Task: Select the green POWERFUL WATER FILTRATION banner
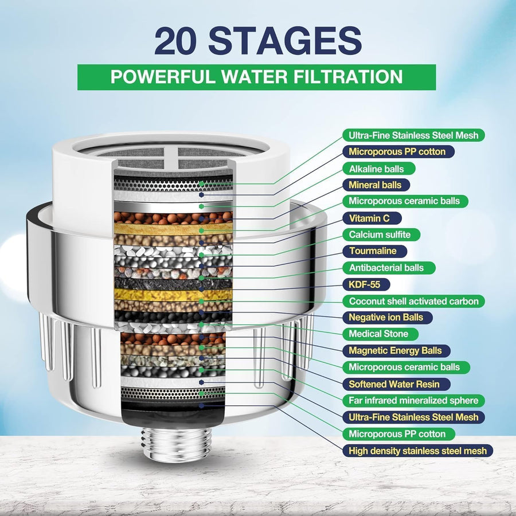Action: pyautogui.click(x=256, y=77)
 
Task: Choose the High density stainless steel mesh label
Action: pyautogui.click(x=417, y=451)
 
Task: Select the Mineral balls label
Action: pyautogui.click(x=379, y=185)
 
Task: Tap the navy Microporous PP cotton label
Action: pyautogui.click(x=398, y=151)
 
